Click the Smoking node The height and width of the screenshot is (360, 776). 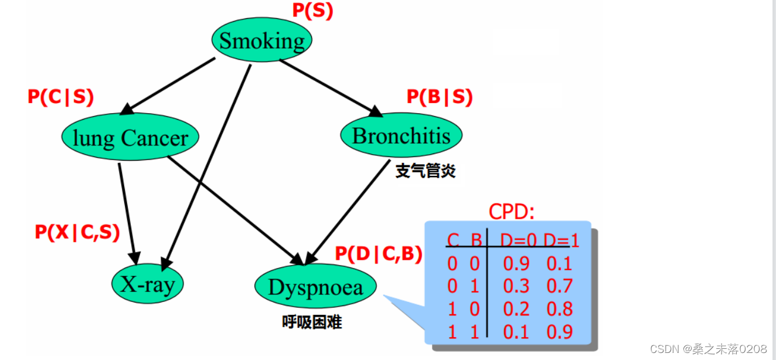coord(261,40)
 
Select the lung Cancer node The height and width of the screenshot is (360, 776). coord(130,138)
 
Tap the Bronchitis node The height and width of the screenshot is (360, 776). coord(401,135)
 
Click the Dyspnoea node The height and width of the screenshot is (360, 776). coord(316,287)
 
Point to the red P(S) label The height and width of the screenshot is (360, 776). coord(312,11)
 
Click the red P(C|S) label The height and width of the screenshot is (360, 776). coord(60,97)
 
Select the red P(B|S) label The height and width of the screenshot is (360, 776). coord(440,97)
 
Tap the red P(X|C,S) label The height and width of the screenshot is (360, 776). coord(77,233)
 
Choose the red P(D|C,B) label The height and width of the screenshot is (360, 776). coord(379,253)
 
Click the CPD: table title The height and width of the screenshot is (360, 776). coord(512,211)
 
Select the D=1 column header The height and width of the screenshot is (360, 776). coord(561,240)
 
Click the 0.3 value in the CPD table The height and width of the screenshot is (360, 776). coord(516,286)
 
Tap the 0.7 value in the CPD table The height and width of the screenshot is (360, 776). coord(560,286)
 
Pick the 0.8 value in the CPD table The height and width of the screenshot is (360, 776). coord(560,309)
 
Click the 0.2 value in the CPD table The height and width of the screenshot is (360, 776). coord(516,309)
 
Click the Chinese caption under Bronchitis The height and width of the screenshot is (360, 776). coord(426,171)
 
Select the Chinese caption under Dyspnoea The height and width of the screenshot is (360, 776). coord(312,322)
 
